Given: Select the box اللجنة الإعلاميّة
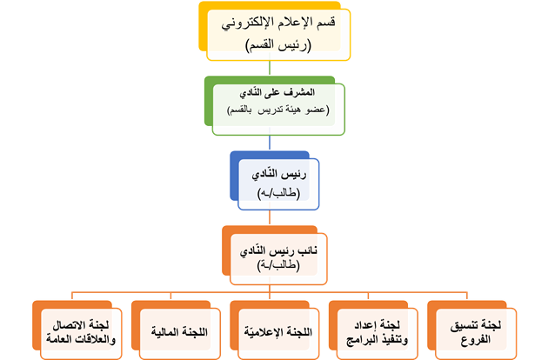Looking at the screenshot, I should [x=275, y=331].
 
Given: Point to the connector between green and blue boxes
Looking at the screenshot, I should [x=271, y=142].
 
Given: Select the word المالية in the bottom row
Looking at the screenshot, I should [x=164, y=331].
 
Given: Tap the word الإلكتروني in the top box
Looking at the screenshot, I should [x=242, y=24].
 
